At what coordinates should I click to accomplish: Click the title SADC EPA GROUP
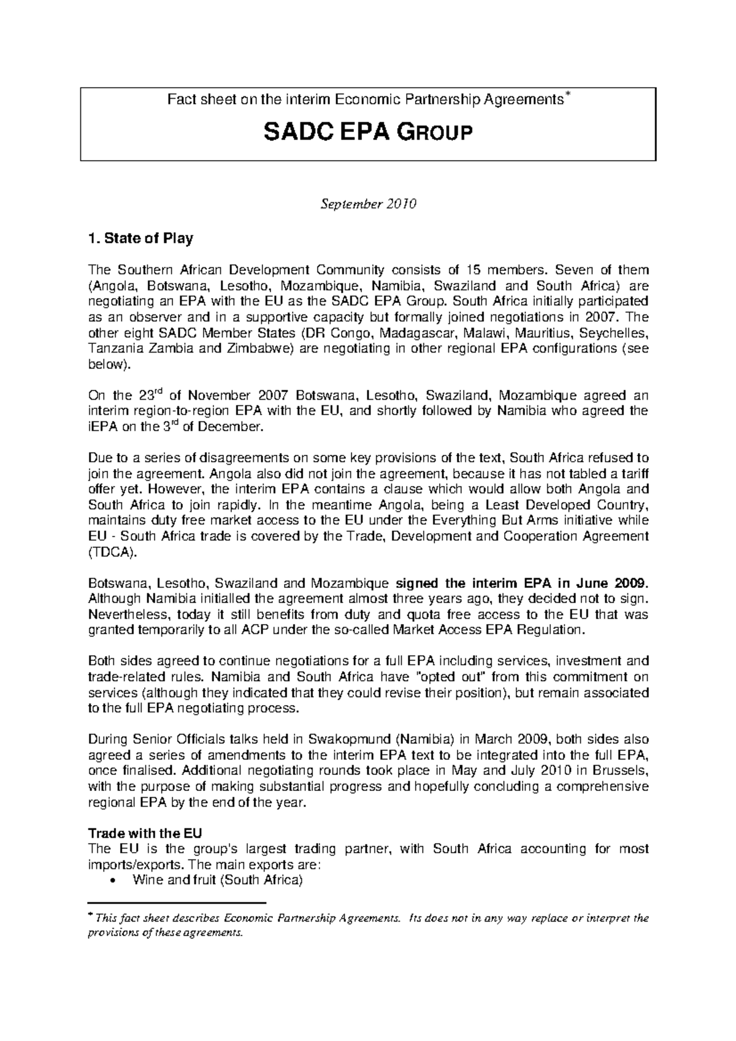[368, 132]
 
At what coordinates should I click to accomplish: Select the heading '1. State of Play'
[141, 239]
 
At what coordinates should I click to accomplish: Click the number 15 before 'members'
[474, 270]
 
